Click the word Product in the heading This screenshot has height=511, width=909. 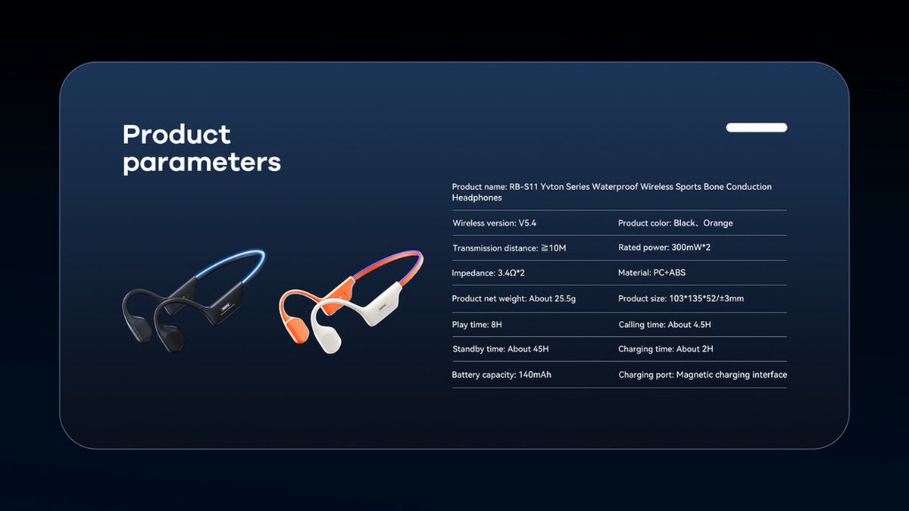pyautogui.click(x=176, y=134)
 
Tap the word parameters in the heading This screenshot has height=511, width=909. pyautogui.click(x=201, y=162)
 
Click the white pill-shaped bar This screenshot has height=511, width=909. pyautogui.click(x=757, y=127)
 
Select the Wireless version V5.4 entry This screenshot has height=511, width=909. pyautogui.click(x=494, y=223)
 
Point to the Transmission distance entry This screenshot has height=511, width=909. pyautogui.click(x=509, y=248)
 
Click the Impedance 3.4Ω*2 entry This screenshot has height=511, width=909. pyautogui.click(x=488, y=273)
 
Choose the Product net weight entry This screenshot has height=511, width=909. pyautogui.click(x=514, y=299)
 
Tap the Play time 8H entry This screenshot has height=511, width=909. pyautogui.click(x=476, y=325)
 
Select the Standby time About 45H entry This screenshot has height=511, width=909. pyautogui.click(x=501, y=349)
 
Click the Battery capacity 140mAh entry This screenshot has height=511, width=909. pyautogui.click(x=501, y=375)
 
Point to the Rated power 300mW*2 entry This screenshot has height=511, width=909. pyautogui.click(x=664, y=248)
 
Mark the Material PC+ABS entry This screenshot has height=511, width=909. pyautogui.click(x=651, y=273)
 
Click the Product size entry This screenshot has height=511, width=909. pyautogui.click(x=681, y=299)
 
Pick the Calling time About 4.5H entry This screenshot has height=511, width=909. pyautogui.click(x=665, y=325)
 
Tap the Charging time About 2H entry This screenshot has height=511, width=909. pyautogui.click(x=666, y=349)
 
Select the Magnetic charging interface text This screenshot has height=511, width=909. pyautogui.click(x=732, y=375)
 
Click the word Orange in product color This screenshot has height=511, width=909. pyautogui.click(x=718, y=223)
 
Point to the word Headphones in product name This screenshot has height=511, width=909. pyautogui.click(x=476, y=198)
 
